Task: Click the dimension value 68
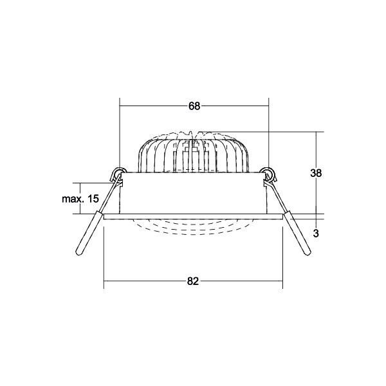tap(194, 106)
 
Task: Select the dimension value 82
tap(194, 281)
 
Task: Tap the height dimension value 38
tap(315, 173)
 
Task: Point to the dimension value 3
tap(315, 234)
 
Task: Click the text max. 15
tap(80, 199)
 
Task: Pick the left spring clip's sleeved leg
tap(89, 235)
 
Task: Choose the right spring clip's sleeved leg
tap(296, 235)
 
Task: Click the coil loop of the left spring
tap(117, 173)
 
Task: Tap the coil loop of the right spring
tap(269, 173)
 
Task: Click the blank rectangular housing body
tap(193, 193)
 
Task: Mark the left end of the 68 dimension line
tap(120, 106)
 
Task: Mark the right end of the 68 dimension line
tap(268, 106)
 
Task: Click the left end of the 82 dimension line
tap(104, 281)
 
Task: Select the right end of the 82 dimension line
tap(282, 281)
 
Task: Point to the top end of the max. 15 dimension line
tap(80, 181)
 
